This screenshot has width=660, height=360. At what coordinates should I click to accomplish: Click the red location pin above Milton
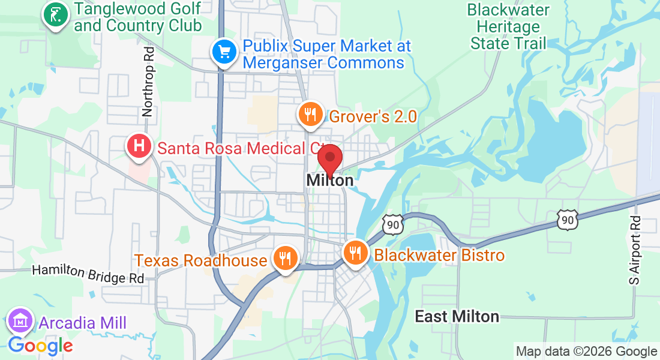tap(329, 159)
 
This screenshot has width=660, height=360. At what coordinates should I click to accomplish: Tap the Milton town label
tap(329, 179)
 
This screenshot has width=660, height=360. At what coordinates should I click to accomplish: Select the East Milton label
tap(457, 316)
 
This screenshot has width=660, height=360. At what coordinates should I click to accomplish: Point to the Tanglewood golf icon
tap(56, 16)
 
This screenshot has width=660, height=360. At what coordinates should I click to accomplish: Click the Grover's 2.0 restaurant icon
tap(310, 114)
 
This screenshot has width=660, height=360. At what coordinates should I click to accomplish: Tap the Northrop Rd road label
tap(148, 82)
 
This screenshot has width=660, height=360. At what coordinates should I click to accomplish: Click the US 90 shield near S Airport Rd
tap(566, 220)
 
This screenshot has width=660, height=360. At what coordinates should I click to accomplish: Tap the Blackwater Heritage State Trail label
tap(508, 27)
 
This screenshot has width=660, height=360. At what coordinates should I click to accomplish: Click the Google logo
tap(40, 346)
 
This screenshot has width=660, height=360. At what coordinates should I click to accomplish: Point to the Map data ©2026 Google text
tap(586, 352)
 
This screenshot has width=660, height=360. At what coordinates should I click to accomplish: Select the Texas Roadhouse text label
tap(200, 260)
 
